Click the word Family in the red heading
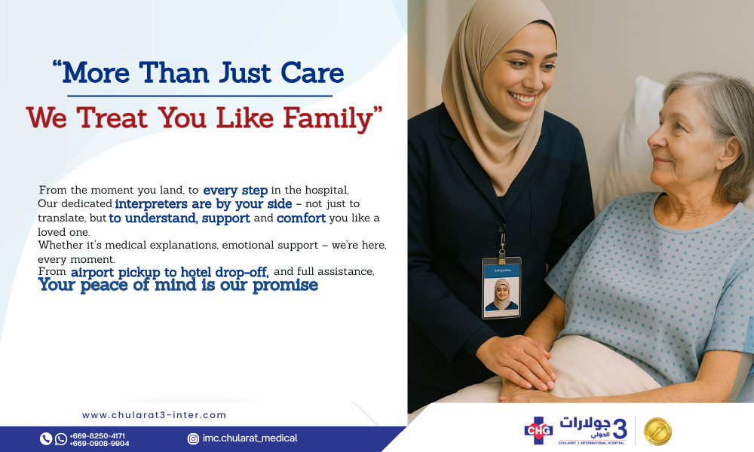[328, 118]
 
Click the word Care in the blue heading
[313, 73]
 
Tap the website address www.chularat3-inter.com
[154, 415]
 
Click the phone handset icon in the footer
[46, 438]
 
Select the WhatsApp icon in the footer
[61, 438]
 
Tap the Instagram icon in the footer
[193, 438]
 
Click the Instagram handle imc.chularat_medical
[250, 438]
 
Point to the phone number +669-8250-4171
[97, 435]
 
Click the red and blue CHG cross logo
[538, 430]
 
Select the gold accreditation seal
[657, 431]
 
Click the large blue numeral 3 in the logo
[620, 429]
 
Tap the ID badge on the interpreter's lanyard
[501, 288]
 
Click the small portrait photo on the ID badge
[501, 295]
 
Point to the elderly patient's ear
[728, 153]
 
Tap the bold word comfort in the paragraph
[302, 218]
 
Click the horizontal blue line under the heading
[200, 96]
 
